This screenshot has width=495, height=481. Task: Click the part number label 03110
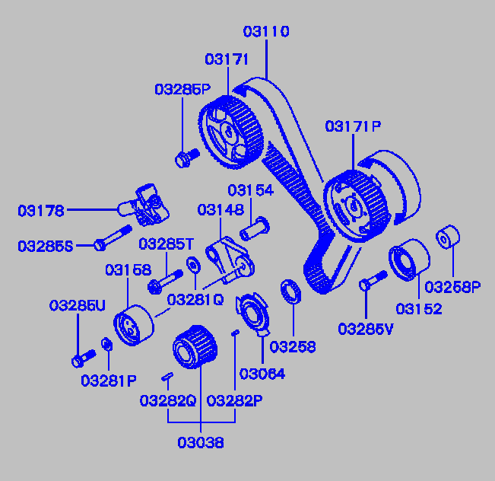click(x=266, y=32)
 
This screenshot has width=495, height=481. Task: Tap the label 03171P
click(x=353, y=126)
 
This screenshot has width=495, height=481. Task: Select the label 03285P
click(x=182, y=89)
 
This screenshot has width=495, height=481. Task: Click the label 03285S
click(x=46, y=246)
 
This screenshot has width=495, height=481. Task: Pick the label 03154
click(x=250, y=190)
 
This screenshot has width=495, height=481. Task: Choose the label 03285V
click(x=366, y=329)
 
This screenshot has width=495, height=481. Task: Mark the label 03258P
click(x=452, y=287)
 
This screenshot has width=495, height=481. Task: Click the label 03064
click(x=262, y=374)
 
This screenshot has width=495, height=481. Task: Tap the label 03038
click(x=201, y=442)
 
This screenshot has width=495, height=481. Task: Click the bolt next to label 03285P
click(x=185, y=158)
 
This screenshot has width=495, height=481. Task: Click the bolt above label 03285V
click(x=368, y=282)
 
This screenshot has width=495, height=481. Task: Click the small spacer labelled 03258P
click(x=448, y=237)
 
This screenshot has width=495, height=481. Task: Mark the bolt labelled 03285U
click(x=81, y=355)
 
